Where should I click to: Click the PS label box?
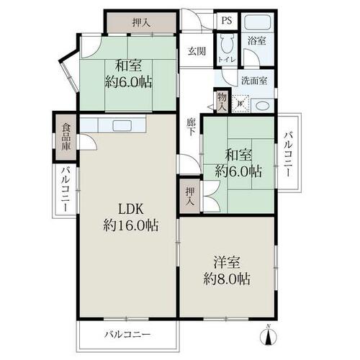[227, 21]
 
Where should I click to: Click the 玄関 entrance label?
[197, 51]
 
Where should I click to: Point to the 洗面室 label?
[254, 81]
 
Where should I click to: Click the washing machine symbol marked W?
[240, 104]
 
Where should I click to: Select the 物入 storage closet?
[222, 102]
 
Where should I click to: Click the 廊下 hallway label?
[192, 127]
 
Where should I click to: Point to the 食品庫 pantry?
[66, 136]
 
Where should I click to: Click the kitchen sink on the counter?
[122, 125]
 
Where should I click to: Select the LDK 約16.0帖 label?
[131, 217]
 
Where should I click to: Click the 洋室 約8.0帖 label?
[227, 271]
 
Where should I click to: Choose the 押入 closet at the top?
[142, 22]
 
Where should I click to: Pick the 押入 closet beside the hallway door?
[190, 197]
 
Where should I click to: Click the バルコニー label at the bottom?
[127, 334]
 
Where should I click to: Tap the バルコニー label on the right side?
[288, 154]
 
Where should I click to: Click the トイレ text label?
[227, 59]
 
